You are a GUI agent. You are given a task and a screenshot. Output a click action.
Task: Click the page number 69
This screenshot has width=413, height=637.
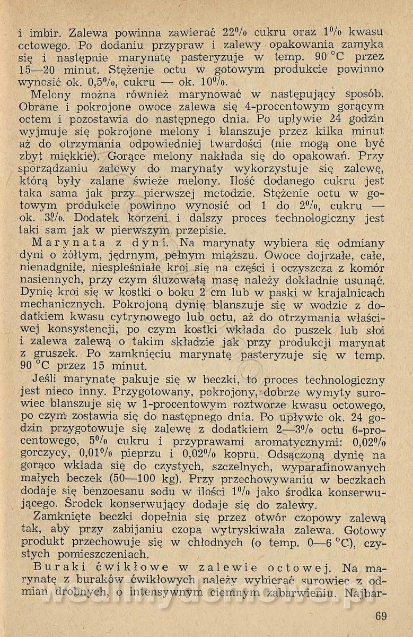click(380, 616)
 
